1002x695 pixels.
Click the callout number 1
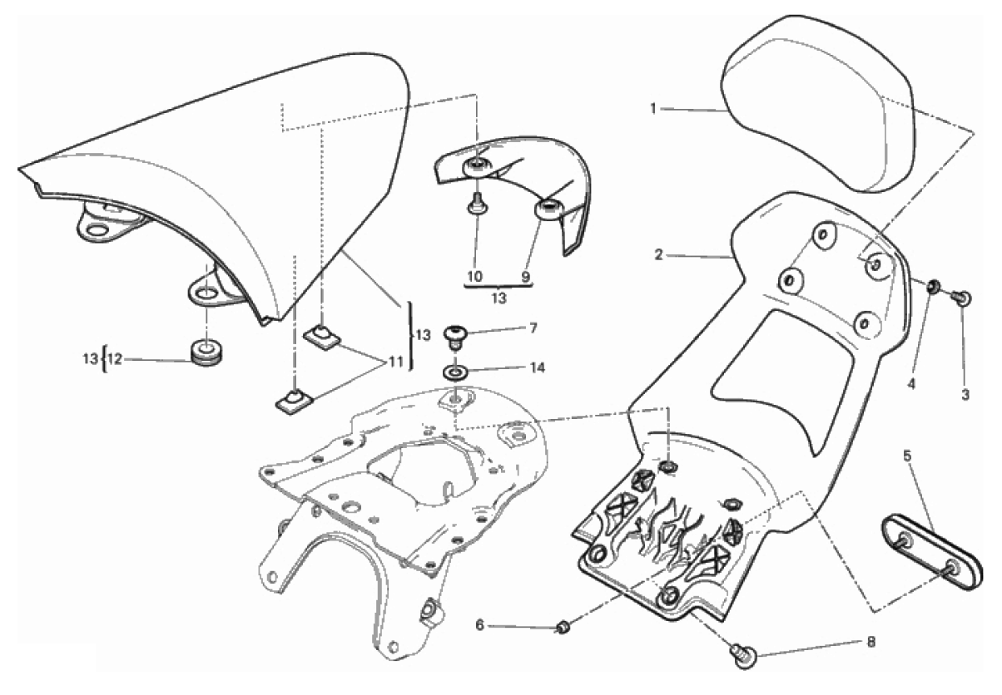click(655, 108)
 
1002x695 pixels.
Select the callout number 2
click(658, 255)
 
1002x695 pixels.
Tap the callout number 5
click(907, 455)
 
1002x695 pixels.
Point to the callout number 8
click(871, 642)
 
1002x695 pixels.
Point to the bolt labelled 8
click(742, 655)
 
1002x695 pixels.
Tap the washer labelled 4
click(934, 288)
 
